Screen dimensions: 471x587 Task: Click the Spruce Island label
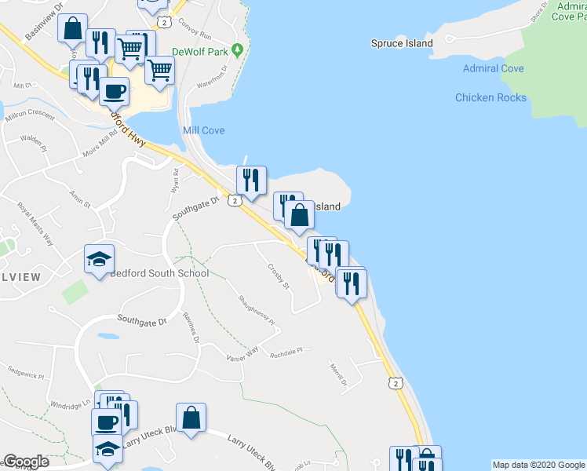(401, 43)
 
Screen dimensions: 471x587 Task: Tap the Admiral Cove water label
(493, 68)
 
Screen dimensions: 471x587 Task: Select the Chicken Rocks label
(490, 97)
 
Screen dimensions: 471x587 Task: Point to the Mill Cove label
(203, 130)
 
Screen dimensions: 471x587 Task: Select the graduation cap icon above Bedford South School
(100, 259)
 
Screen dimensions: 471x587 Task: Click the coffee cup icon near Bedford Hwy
(114, 91)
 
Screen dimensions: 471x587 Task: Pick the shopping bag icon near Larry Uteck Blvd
(191, 418)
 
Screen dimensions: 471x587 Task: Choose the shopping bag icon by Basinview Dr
(72, 29)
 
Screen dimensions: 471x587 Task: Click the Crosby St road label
(278, 276)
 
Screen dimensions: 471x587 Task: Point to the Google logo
(26, 462)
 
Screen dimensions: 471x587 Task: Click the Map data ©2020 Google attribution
(538, 465)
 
